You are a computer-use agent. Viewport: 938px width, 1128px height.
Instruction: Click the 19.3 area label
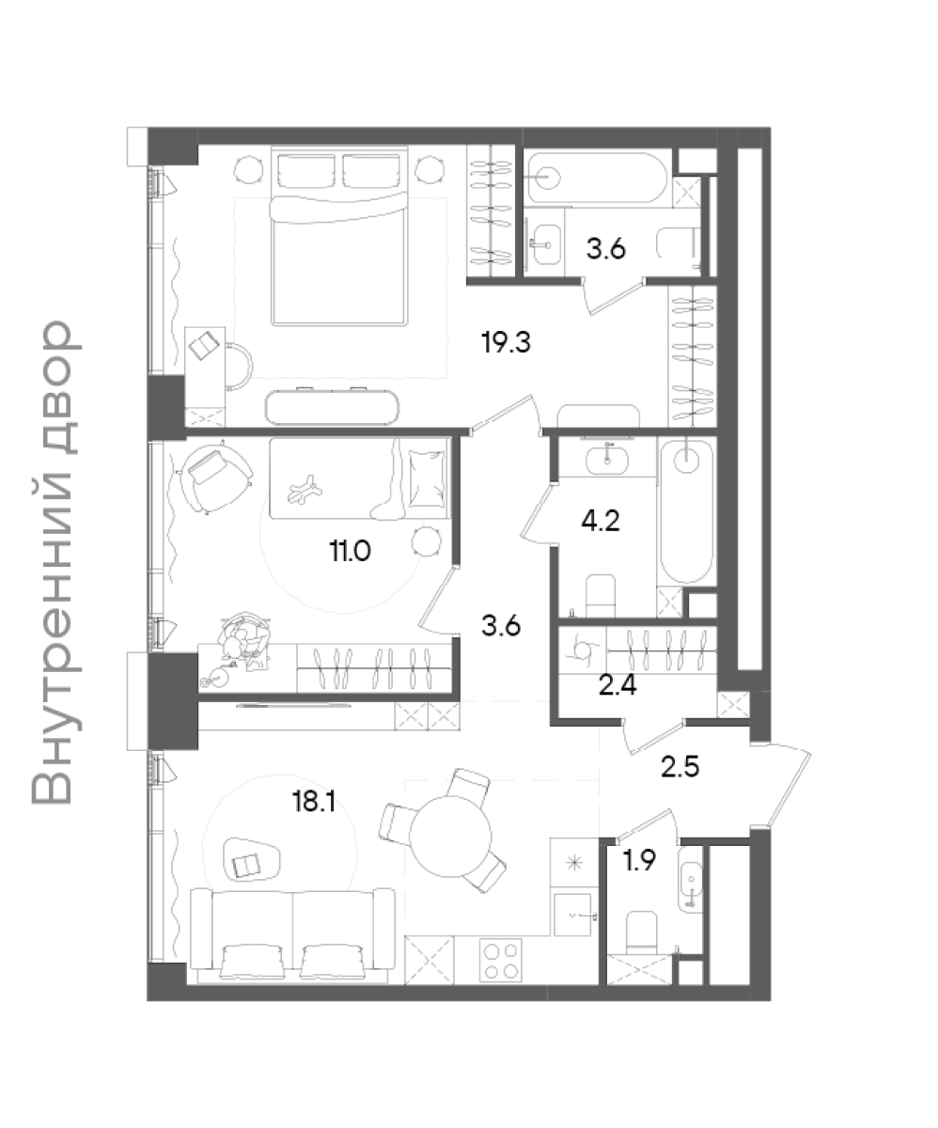pos(507,342)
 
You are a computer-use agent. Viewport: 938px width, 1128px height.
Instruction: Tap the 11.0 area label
pos(350,551)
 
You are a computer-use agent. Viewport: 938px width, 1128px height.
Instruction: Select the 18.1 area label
pos(314,801)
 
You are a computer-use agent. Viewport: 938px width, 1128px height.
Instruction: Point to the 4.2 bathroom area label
pos(601,522)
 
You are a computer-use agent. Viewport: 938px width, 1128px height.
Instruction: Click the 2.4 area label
pos(618,685)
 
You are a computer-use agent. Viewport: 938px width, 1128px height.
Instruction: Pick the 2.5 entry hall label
pos(680,767)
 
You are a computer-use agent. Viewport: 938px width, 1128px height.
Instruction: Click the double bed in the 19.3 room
pos(338,237)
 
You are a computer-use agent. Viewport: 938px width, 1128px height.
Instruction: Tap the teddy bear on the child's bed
pos(305,489)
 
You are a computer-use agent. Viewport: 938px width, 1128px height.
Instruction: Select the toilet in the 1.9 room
pos(641,931)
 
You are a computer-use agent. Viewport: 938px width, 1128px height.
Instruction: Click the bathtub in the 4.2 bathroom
pos(687,511)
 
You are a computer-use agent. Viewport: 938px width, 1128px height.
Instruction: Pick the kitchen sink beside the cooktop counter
pos(573,914)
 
